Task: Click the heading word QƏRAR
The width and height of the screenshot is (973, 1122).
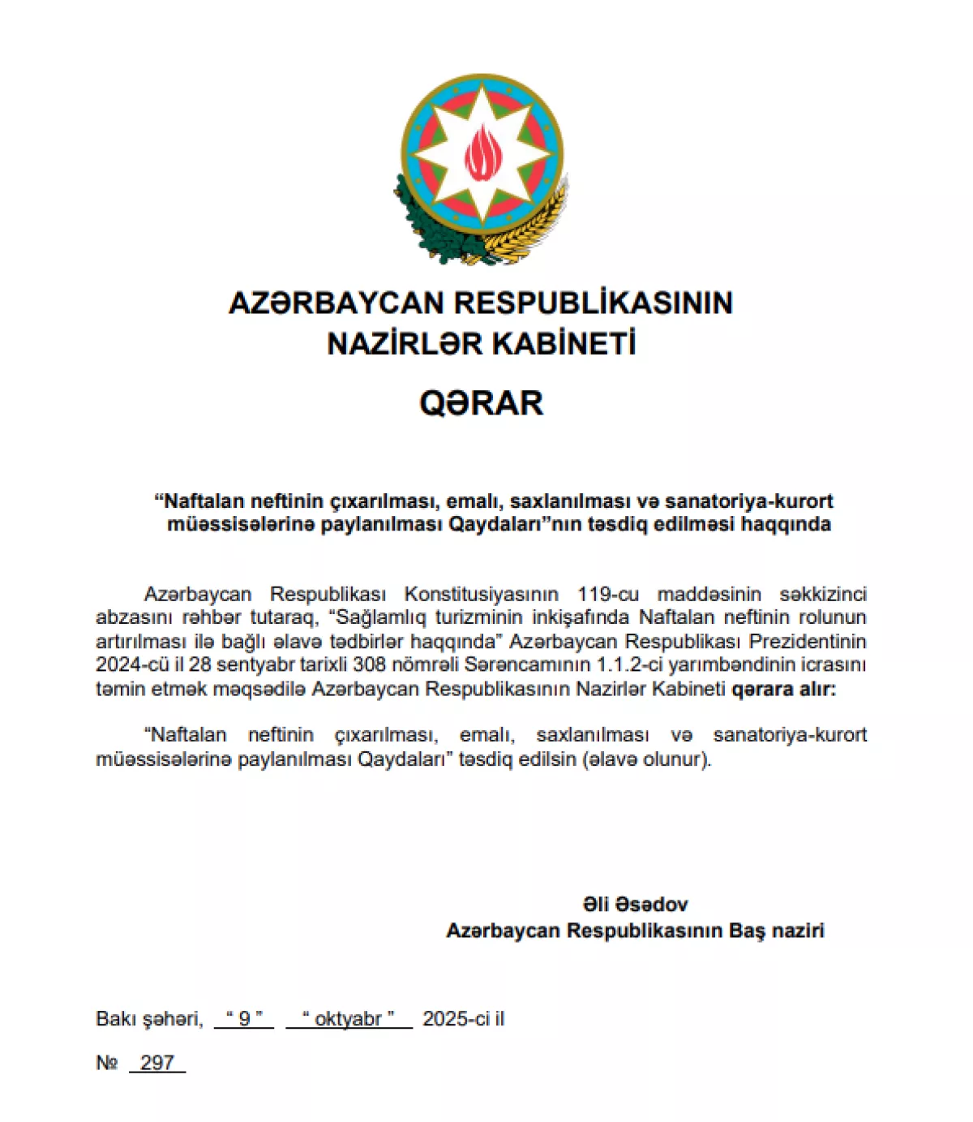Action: (x=481, y=403)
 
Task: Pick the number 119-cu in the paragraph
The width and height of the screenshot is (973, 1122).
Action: (x=608, y=594)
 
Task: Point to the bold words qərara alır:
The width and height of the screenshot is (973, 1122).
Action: (x=783, y=689)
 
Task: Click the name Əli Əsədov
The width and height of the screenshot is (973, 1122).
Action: (x=635, y=905)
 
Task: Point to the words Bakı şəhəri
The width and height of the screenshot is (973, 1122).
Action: (x=149, y=1019)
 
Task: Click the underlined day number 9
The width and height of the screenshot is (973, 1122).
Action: (x=244, y=1019)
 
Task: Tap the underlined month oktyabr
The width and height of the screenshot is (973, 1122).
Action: (x=348, y=1019)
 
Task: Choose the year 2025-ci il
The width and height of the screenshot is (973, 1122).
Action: (x=464, y=1019)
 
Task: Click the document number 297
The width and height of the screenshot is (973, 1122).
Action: (x=156, y=1063)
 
